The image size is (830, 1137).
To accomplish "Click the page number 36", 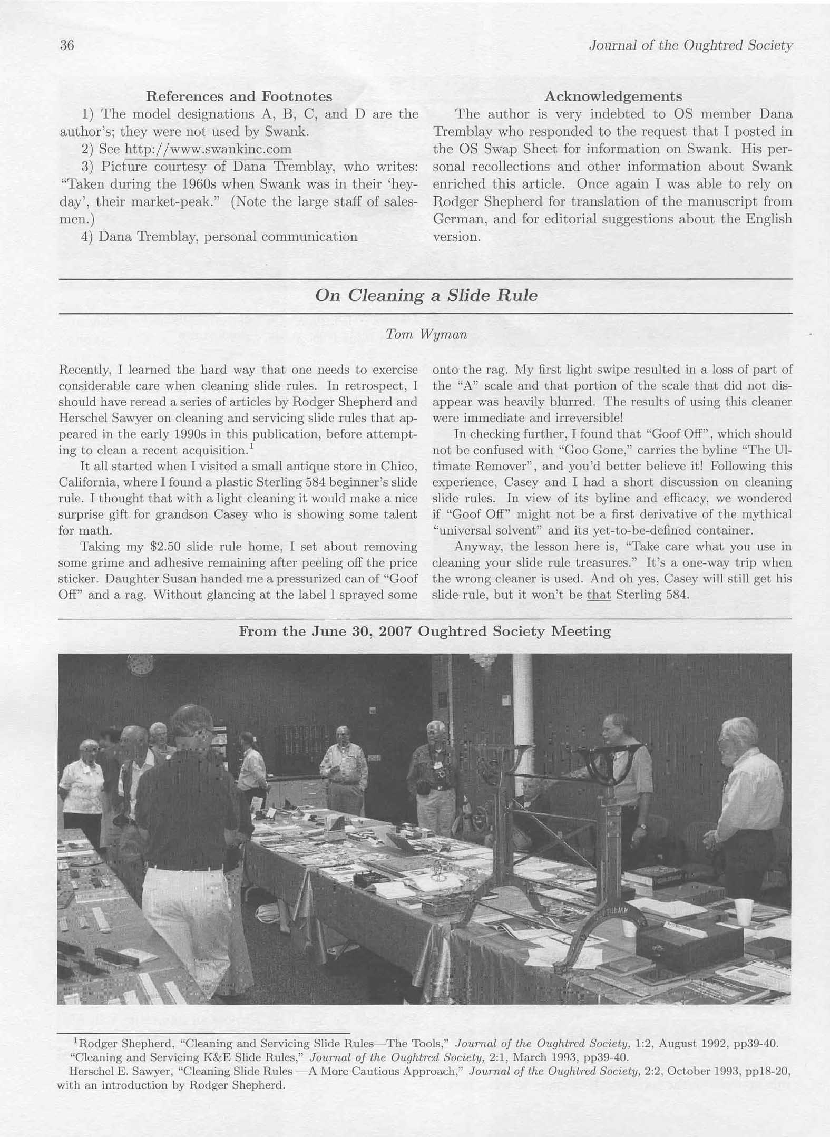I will (x=67, y=45).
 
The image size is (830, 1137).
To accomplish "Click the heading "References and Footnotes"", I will (x=239, y=96).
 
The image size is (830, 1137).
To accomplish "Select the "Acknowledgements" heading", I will (x=613, y=96).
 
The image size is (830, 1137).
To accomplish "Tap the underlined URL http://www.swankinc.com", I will (x=208, y=149).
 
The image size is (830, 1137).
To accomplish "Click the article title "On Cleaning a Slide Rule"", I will (x=426, y=295).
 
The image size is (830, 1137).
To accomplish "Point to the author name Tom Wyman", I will (x=426, y=335).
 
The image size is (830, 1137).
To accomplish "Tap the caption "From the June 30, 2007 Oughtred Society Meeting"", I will (x=425, y=631).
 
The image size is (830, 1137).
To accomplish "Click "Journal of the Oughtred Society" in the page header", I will (x=690, y=46).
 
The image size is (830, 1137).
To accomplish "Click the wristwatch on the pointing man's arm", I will (x=641, y=827).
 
